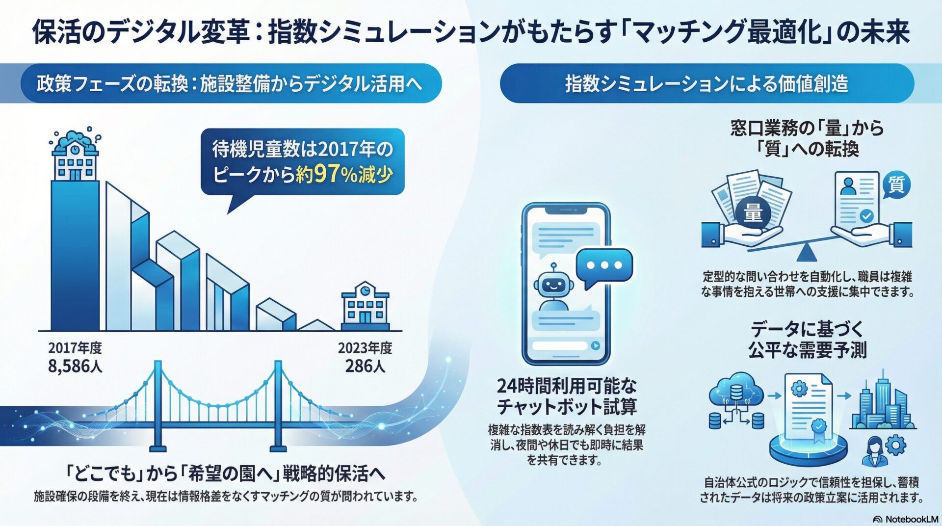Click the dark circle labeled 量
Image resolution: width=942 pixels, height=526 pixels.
(753, 213)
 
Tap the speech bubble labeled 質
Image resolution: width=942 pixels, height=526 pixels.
(896, 185)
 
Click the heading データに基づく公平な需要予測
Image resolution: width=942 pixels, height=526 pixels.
(807, 339)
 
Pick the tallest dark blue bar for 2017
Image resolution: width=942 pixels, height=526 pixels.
(75, 255)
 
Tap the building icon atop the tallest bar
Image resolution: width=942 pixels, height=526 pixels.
(75, 156)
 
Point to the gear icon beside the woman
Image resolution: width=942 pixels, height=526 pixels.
(895, 446)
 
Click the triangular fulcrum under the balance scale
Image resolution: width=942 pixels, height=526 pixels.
(803, 253)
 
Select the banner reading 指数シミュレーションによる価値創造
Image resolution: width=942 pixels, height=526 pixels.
(706, 83)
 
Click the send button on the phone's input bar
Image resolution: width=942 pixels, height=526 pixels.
(595, 345)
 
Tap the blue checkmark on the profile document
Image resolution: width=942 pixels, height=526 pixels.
(866, 215)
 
